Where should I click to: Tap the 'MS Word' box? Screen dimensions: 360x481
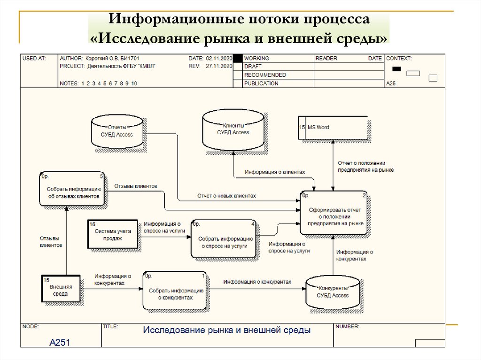click(x=333, y=127)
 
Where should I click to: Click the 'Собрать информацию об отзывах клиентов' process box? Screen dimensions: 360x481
click(x=72, y=189)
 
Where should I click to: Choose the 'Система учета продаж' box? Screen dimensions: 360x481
click(x=113, y=235)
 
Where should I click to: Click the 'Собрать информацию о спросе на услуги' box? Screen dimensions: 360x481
click(x=224, y=239)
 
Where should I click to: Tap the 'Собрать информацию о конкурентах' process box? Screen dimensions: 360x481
click(x=175, y=291)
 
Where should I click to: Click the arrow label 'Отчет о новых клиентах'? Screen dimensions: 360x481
click(x=226, y=196)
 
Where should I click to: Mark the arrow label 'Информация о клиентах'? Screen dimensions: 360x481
click(x=274, y=172)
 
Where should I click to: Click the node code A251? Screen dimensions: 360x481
click(x=60, y=343)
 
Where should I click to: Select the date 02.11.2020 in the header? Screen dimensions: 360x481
click(x=219, y=58)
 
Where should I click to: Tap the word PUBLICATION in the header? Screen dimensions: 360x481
click(x=261, y=84)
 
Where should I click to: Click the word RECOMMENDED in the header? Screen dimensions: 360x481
click(x=265, y=75)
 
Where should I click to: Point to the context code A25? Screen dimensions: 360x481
click(x=391, y=84)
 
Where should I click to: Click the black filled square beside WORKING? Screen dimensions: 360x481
click(x=238, y=58)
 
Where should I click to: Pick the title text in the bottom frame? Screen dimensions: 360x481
click(x=226, y=330)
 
